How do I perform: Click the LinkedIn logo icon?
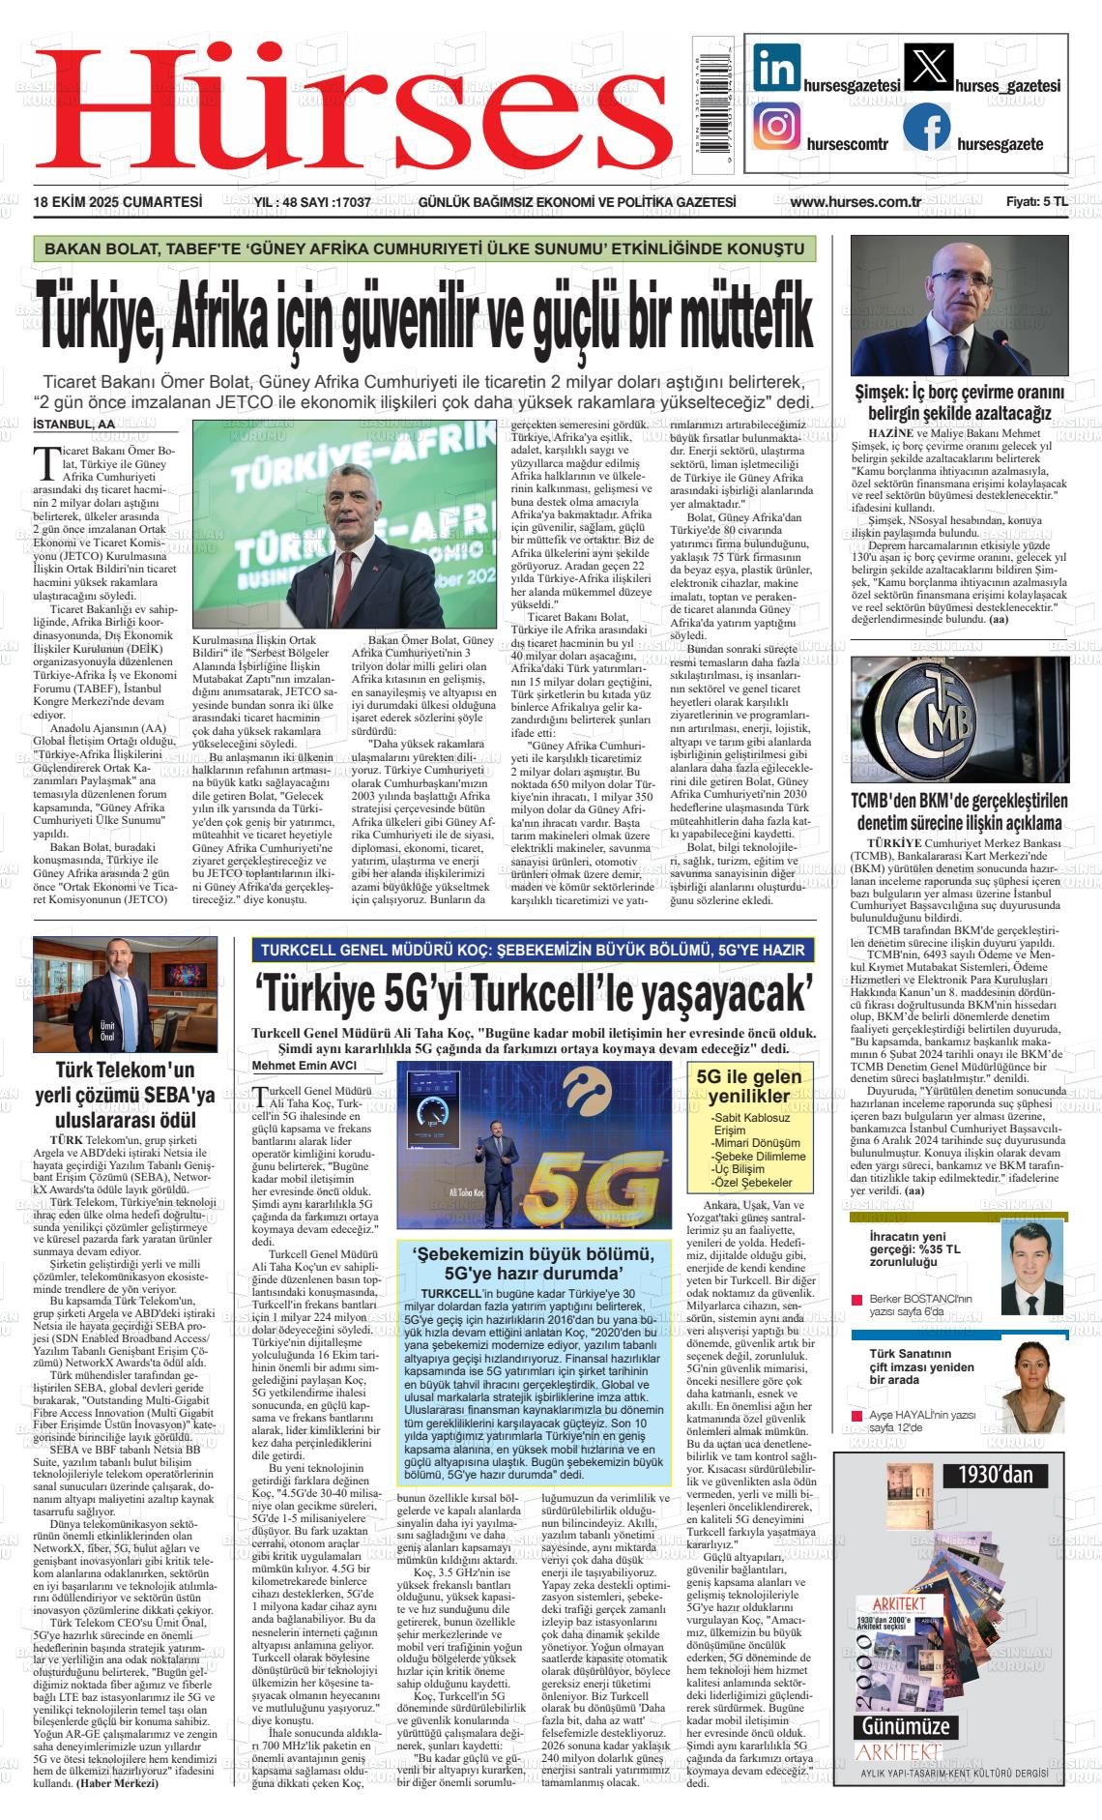[x=776, y=69]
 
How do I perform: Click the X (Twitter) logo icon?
[x=926, y=69]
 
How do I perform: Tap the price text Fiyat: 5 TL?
[x=1036, y=202]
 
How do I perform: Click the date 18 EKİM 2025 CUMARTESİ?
[x=117, y=202]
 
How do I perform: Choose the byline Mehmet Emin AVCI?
[x=304, y=1066]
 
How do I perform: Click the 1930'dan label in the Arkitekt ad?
[x=995, y=1475]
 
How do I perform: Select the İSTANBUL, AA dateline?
[x=73, y=424]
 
